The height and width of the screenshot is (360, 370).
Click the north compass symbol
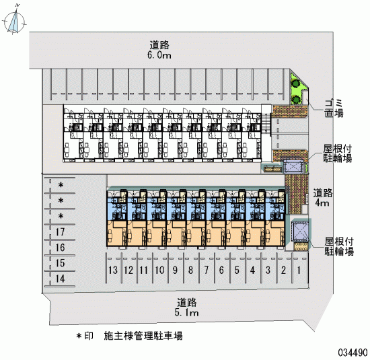(14, 21)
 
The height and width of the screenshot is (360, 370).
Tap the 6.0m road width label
(159, 55)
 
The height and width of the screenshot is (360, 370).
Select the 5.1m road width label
(186, 312)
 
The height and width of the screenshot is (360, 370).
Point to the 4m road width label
(322, 203)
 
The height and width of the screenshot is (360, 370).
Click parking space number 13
(113, 270)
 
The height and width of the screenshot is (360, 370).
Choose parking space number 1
(299, 270)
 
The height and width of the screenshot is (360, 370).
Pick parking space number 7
(207, 270)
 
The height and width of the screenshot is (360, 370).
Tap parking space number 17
(60, 232)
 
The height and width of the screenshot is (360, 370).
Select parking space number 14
(60, 279)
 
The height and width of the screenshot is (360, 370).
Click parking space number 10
(159, 270)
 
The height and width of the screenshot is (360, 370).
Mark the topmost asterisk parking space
(61, 185)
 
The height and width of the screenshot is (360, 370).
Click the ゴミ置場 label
(334, 108)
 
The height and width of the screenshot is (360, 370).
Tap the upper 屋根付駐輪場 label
(338, 153)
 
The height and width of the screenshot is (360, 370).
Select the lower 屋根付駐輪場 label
(339, 246)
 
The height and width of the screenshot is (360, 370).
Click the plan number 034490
(353, 353)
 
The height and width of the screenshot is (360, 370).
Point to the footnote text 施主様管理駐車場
(143, 336)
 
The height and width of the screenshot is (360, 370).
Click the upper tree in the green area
(295, 83)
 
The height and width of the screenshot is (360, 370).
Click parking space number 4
(252, 270)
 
